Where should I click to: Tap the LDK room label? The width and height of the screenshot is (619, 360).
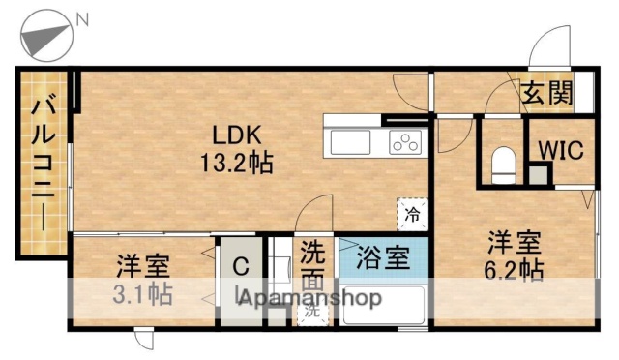click(236, 133)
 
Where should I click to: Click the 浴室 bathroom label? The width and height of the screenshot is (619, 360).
click(383, 258)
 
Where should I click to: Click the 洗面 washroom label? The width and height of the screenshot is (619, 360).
click(311, 267)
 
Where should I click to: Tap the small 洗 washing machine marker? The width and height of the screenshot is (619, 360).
click(312, 313)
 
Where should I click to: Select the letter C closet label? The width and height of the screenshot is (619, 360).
click(241, 265)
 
